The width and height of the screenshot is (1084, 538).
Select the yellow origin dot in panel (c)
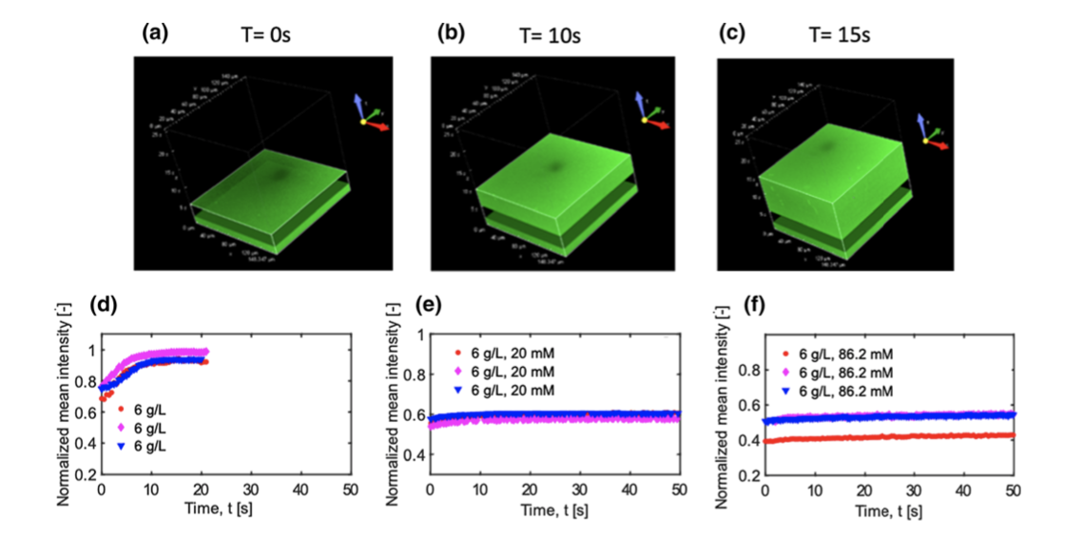pyautogui.click(x=924, y=141)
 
